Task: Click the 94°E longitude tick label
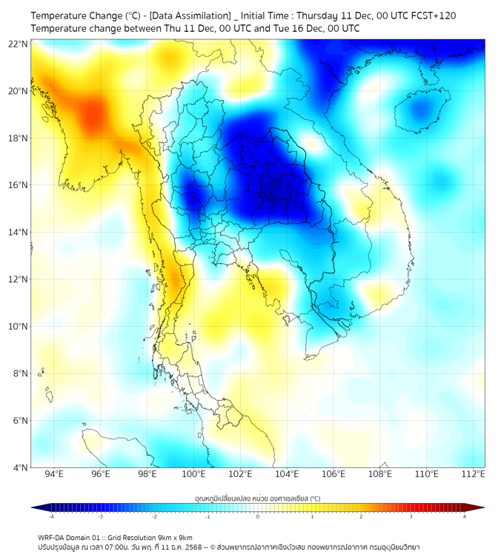click(x=54, y=474)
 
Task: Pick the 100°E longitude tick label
click(x=193, y=474)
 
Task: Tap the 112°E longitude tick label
click(x=473, y=474)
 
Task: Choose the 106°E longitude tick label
click(x=334, y=474)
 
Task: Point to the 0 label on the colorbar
click(x=258, y=516)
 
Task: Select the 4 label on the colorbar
click(x=465, y=516)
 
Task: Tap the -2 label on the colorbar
click(x=154, y=516)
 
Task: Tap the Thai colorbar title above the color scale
click(x=257, y=499)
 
